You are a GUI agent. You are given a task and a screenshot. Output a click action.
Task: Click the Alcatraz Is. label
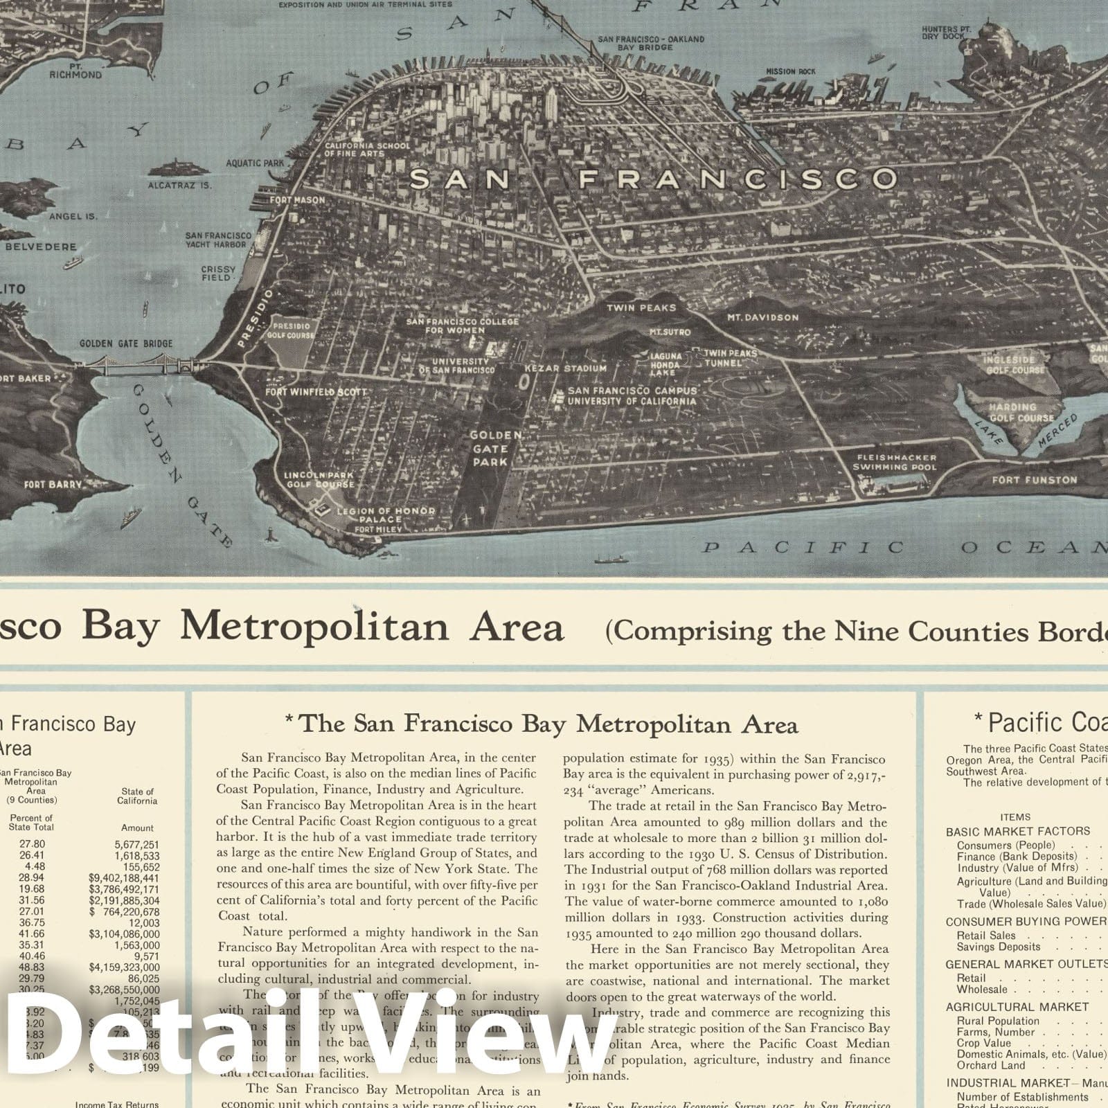(x=179, y=186)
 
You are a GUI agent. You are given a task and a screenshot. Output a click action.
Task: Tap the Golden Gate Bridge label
(x=126, y=343)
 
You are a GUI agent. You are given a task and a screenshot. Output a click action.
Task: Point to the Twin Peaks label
(x=641, y=307)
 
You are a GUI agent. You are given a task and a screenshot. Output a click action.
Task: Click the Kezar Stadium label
(x=566, y=368)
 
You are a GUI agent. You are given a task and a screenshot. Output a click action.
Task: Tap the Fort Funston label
(x=1035, y=480)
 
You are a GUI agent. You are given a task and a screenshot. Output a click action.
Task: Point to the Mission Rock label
(x=790, y=71)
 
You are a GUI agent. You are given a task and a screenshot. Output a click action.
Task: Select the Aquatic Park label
(x=255, y=163)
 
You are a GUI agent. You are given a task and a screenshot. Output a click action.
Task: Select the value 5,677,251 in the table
(x=137, y=845)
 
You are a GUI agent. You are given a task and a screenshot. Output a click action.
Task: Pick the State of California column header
(x=137, y=796)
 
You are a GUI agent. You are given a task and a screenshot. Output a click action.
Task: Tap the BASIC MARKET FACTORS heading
(x=1017, y=831)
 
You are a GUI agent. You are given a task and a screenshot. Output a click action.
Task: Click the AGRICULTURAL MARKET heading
(x=1017, y=1007)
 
